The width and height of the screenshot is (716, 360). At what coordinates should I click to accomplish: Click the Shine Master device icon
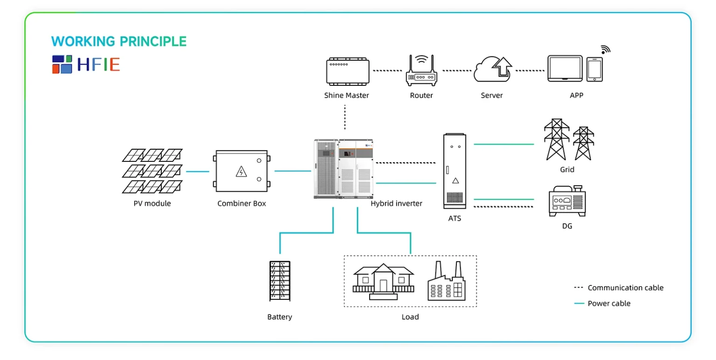tap(348, 72)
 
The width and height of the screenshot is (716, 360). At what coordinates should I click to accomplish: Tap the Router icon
tap(421, 70)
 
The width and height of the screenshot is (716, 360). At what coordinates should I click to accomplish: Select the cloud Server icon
tap(493, 69)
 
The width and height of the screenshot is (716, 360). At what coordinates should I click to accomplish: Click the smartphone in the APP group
tap(594, 69)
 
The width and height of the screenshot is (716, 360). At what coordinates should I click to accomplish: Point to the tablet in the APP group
tap(565, 69)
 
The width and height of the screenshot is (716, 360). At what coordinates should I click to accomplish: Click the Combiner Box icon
tap(241, 171)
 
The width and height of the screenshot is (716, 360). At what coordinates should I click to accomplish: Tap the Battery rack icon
tap(280, 281)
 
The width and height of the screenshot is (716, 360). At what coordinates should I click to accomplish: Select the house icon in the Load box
tap(383, 282)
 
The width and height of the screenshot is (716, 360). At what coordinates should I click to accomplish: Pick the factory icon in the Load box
tap(447, 281)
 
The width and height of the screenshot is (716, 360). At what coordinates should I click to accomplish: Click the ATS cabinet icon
tap(454, 171)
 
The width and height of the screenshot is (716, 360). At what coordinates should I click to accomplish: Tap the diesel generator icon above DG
tap(567, 201)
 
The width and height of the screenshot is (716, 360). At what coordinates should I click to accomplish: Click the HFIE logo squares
tap(62, 64)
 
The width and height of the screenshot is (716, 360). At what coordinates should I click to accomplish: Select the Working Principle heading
tap(119, 42)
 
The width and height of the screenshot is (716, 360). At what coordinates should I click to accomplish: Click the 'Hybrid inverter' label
tap(396, 203)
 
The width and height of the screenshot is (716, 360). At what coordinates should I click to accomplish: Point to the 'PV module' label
tap(152, 203)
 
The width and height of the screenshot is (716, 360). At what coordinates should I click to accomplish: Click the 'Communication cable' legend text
tap(626, 288)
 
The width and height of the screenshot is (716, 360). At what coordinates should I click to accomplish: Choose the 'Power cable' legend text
tap(609, 304)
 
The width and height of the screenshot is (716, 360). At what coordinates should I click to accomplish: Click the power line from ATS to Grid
tap(504, 144)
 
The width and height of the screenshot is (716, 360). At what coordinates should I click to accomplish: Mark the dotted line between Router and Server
tap(457, 70)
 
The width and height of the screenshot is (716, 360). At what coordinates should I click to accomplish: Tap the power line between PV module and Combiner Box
tap(198, 171)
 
